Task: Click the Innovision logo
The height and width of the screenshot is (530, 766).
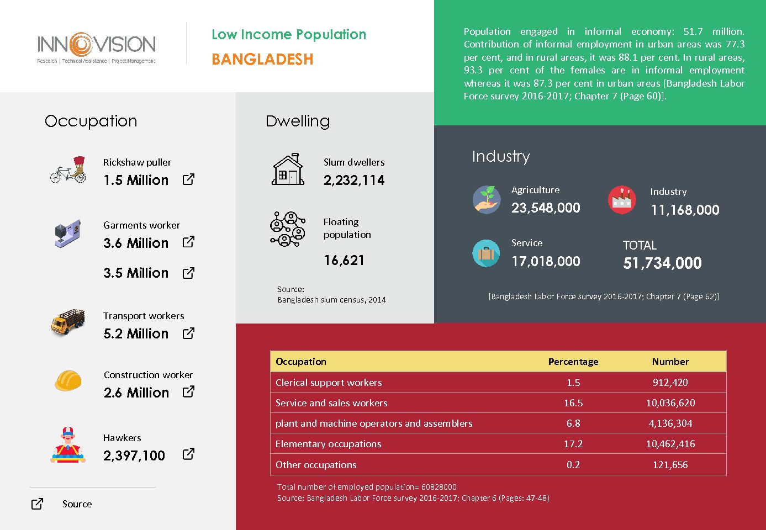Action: point(96,47)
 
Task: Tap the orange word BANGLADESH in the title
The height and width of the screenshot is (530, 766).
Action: point(262,59)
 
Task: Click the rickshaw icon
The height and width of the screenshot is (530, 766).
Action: point(68,170)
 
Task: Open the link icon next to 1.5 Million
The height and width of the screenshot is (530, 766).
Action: point(188,179)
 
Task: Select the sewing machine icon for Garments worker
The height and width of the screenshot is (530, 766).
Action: point(68,234)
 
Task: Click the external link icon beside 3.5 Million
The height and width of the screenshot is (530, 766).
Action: point(188,273)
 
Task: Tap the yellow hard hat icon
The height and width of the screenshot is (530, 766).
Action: point(68,380)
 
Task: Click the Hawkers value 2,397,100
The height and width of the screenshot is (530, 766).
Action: point(134,455)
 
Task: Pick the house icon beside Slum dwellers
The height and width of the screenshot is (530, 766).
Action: point(288,169)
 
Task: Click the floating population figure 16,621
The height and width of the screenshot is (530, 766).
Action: point(344,260)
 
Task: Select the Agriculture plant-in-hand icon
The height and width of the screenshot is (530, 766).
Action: point(487,199)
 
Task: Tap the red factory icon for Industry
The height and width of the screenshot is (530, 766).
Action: point(622,199)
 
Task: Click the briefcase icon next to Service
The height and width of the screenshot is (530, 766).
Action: point(486,253)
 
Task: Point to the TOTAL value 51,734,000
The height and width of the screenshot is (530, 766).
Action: point(662,263)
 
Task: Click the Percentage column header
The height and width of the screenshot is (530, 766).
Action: point(573,362)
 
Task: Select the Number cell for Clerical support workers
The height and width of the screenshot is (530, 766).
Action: point(670,383)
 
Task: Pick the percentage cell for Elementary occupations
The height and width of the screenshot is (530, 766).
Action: point(573,444)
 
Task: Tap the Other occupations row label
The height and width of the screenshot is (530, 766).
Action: point(316,465)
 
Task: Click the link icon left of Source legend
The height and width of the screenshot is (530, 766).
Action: point(37,504)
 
